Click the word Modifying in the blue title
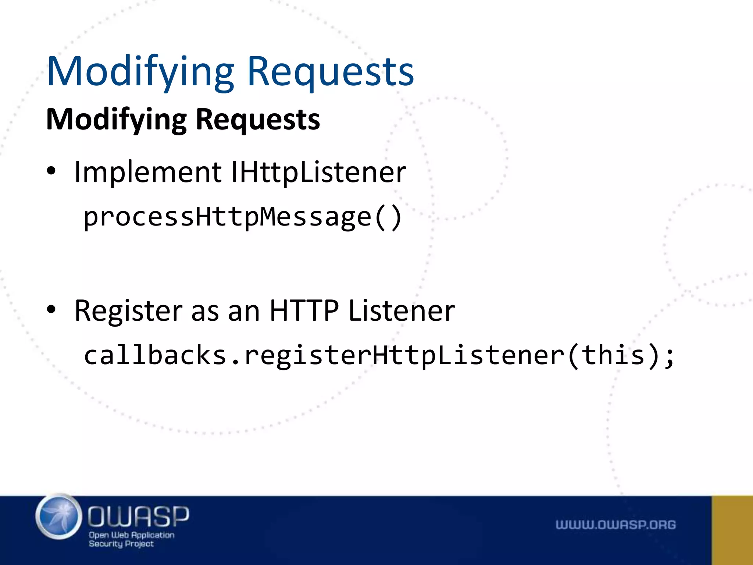[140, 72]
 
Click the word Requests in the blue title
[331, 72]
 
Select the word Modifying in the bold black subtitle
[116, 120]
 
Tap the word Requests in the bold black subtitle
[258, 120]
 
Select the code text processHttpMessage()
[243, 217]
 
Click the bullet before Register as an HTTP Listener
[51, 310]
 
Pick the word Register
[128, 311]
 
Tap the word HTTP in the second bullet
[304, 310]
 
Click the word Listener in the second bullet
[402, 310]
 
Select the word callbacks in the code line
[155, 355]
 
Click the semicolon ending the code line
[670, 357]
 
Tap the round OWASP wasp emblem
[59, 517]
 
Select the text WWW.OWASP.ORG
[615, 525]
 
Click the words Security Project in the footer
[121, 544]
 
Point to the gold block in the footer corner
[732, 530]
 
